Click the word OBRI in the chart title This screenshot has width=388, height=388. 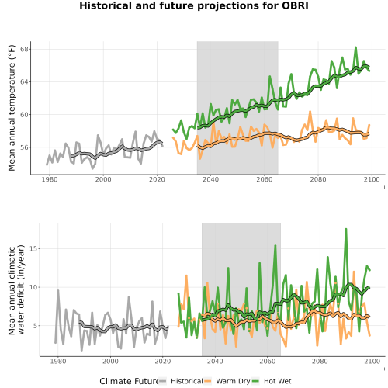coord(295,5)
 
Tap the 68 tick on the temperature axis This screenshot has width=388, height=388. coord(25,49)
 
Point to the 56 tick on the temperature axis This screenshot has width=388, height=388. coord(25,147)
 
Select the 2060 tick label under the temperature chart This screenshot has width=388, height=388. coord(264,179)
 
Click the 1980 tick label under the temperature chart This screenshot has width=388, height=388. coord(50,179)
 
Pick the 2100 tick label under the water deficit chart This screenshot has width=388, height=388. coord(372,361)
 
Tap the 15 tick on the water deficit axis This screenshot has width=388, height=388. coord(34,248)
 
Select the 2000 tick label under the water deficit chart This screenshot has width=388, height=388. coord(110,361)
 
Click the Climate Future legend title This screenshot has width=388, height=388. coord(129,381)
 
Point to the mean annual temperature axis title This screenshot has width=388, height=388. coord(12,108)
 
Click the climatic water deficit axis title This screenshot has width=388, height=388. coord(16,289)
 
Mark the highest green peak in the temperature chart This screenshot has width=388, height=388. coord(355,47)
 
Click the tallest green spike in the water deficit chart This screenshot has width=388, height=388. coord(346,229)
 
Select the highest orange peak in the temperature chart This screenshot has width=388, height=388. coord(310,112)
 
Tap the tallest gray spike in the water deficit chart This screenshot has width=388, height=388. coord(58,290)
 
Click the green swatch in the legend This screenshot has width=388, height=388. coord(255,381)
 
